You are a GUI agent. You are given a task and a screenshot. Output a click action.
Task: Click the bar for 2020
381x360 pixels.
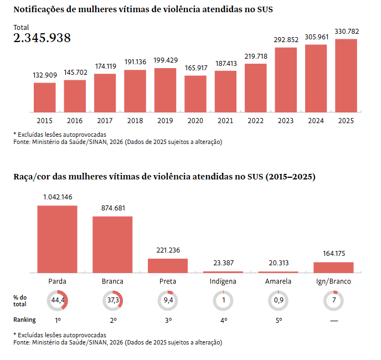click(195, 93)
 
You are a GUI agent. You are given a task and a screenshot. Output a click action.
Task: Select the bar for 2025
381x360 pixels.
click(346, 75)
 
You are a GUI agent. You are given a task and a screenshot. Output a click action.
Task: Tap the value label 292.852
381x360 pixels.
click(286, 39)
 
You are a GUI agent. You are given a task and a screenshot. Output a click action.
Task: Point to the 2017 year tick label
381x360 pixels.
click(105, 120)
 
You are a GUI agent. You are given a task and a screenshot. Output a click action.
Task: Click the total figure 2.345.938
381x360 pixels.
click(42, 38)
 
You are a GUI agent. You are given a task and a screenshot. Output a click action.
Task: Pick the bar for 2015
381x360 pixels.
click(45, 97)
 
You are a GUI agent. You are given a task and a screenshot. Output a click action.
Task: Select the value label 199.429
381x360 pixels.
click(165, 60)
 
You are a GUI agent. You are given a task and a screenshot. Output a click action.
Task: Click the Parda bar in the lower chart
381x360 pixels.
click(58, 239)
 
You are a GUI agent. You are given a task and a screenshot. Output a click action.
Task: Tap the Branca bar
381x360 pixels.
click(112, 244)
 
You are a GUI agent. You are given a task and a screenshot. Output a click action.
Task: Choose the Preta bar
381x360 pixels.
click(168, 265)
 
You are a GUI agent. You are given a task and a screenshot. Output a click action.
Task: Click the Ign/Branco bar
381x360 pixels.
click(333, 267)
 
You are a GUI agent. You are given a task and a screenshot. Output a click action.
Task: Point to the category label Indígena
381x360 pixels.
click(223, 281)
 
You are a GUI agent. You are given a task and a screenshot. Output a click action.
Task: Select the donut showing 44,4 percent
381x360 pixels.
click(57, 300)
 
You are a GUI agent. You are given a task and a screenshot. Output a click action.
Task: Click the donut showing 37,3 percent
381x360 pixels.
click(112, 300)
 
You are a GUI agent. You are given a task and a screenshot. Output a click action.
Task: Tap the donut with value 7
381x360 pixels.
click(333, 300)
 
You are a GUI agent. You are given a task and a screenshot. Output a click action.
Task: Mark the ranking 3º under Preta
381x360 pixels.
click(168, 320)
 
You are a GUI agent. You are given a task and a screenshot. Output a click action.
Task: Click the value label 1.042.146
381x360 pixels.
click(58, 197)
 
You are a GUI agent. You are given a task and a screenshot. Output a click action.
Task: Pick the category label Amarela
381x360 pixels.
click(278, 281)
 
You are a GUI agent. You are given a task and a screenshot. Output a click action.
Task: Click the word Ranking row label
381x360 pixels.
click(24, 320)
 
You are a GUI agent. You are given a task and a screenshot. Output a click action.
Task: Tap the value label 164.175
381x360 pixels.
click(333, 254)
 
